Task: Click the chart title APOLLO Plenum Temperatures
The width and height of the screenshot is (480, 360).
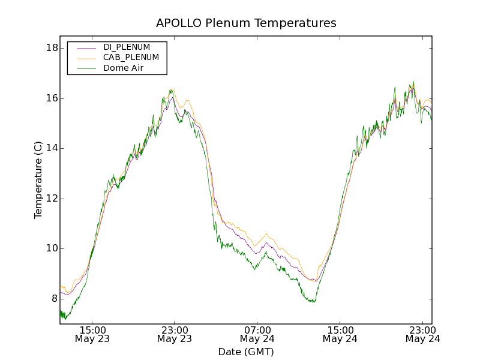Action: pos(246,23)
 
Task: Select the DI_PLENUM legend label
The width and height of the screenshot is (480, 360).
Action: pos(127,47)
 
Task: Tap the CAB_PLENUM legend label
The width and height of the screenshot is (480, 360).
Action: pos(131,58)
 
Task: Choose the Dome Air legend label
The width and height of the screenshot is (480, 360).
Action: pos(124,68)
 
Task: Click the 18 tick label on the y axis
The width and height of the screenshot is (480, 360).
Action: pos(51,48)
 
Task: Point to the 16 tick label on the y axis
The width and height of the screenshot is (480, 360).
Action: pos(51,98)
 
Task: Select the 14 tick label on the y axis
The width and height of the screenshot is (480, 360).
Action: pos(51,148)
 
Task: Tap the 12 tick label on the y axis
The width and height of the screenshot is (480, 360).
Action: pos(51,199)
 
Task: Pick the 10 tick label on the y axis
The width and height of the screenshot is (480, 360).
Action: pos(51,248)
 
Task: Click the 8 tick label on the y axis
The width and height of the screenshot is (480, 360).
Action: pos(53,299)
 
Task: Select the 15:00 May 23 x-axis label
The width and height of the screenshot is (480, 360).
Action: pos(92,334)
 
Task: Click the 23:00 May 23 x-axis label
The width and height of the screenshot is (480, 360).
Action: pos(175,334)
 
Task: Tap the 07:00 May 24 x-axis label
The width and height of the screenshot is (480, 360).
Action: pos(257,334)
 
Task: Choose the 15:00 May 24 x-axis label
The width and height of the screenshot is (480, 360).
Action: pos(340,334)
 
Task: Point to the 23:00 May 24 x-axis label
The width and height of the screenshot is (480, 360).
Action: pos(423,334)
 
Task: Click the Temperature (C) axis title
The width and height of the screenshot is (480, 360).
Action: pos(38,180)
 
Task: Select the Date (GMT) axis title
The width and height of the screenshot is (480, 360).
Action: pos(246,352)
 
